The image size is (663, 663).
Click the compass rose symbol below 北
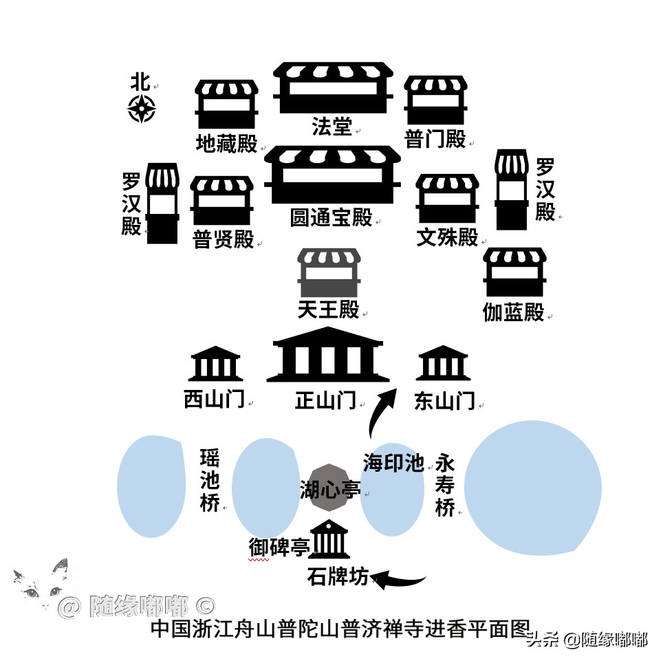(142, 109)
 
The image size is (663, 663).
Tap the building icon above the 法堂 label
(333, 87)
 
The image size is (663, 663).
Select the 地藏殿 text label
(226, 144)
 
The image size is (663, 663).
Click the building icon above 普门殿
(435, 100)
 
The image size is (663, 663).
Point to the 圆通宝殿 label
(331, 217)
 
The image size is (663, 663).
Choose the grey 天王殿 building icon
(329, 273)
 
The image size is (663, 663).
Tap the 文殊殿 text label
(448, 237)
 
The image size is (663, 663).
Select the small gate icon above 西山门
(215, 364)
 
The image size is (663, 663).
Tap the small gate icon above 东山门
(444, 364)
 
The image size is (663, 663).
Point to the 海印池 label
(393, 463)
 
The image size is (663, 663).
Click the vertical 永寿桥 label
(445, 486)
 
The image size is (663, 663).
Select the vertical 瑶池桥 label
(210, 481)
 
